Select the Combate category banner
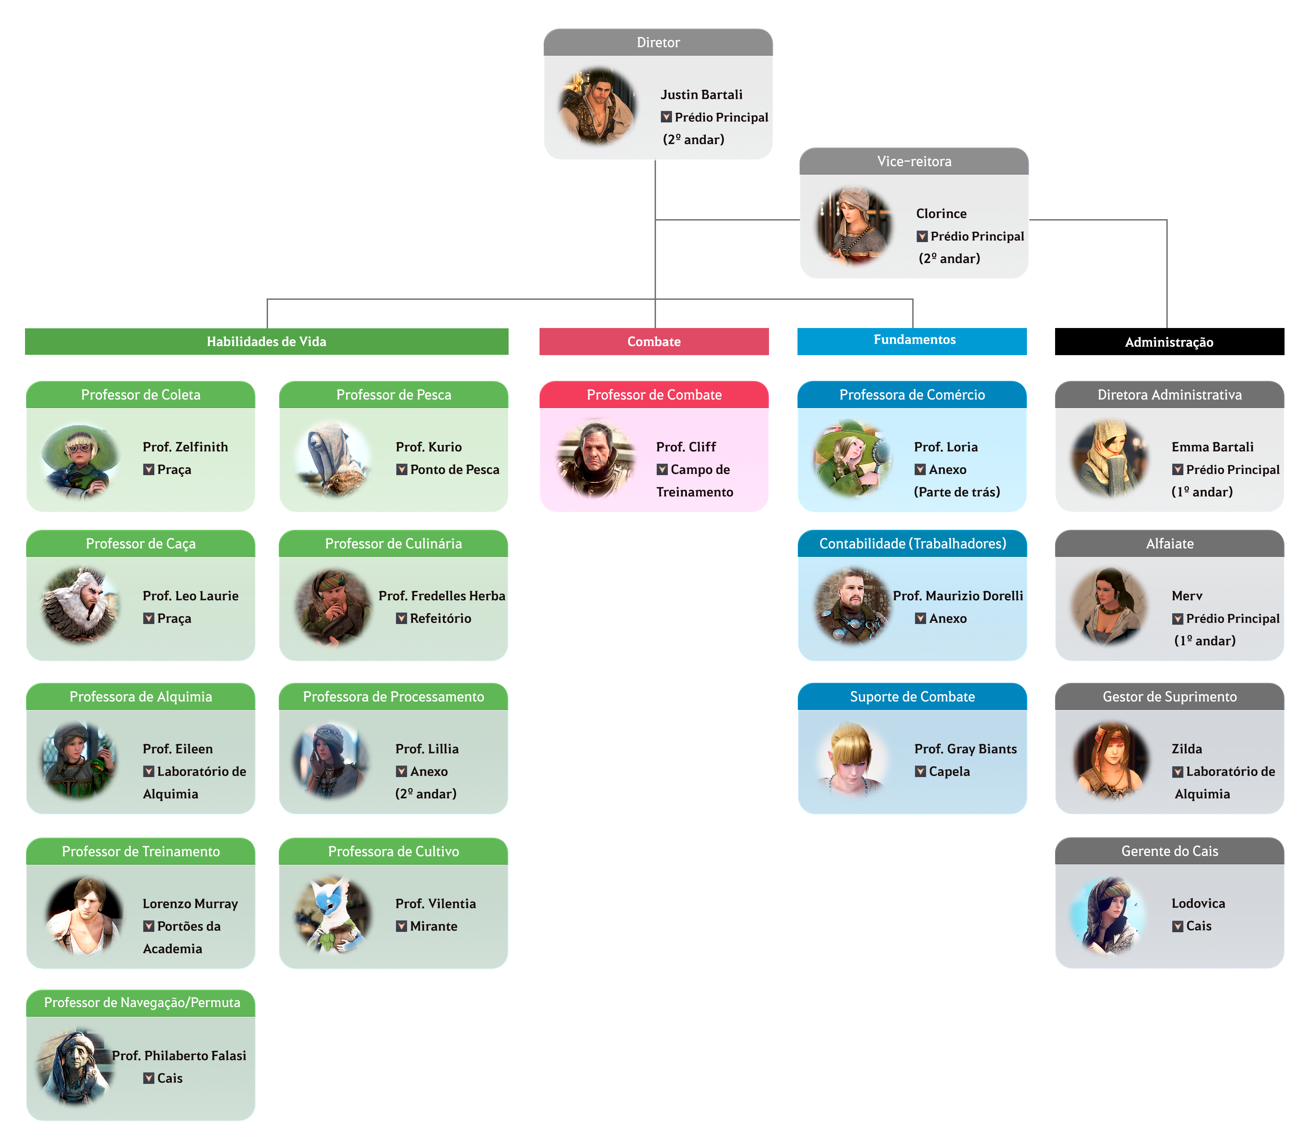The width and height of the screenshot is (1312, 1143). coord(654,341)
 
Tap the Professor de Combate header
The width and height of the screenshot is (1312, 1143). coord(654,395)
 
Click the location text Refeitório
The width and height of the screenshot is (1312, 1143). coord(440,618)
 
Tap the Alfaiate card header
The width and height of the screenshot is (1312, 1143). coord(1169,543)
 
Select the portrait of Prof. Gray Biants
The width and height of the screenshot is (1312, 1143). coord(851,759)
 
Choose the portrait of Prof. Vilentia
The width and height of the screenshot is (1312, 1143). coord(332,915)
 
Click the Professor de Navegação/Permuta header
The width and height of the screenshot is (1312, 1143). coord(141,1003)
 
